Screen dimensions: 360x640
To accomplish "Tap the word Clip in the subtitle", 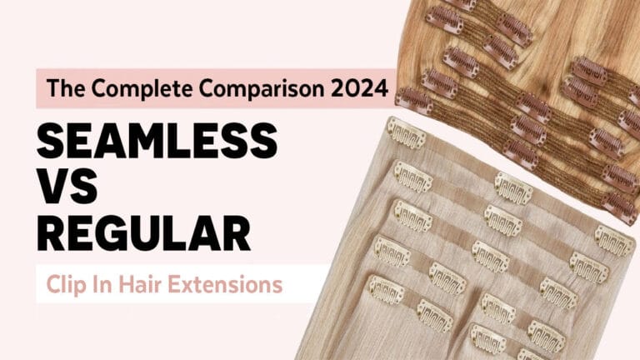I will (63, 284).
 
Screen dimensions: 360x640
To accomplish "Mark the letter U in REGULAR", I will (162, 234).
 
